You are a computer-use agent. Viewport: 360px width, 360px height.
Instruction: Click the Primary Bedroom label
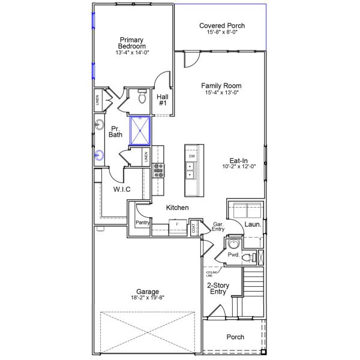tap(131, 43)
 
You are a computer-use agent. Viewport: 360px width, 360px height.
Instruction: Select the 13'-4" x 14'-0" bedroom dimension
tap(132, 53)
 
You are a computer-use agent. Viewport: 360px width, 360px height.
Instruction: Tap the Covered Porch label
tap(222, 26)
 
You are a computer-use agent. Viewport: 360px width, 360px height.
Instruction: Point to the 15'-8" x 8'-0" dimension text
tap(222, 34)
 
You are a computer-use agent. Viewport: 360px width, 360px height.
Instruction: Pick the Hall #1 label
tap(163, 100)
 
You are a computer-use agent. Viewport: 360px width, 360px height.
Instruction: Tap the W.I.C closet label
tap(122, 190)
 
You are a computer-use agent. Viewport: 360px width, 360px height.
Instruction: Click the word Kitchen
tap(178, 208)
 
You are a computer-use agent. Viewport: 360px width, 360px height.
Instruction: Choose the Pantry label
tap(142, 223)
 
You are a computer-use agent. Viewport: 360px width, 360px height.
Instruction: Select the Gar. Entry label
tap(218, 226)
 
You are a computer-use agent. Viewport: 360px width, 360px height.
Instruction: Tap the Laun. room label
tap(251, 224)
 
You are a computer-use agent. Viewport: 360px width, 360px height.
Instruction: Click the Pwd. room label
tap(233, 255)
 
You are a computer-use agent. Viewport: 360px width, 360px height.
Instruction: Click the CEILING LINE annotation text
tap(211, 273)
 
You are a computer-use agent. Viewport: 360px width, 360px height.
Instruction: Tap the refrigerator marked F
tap(177, 224)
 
